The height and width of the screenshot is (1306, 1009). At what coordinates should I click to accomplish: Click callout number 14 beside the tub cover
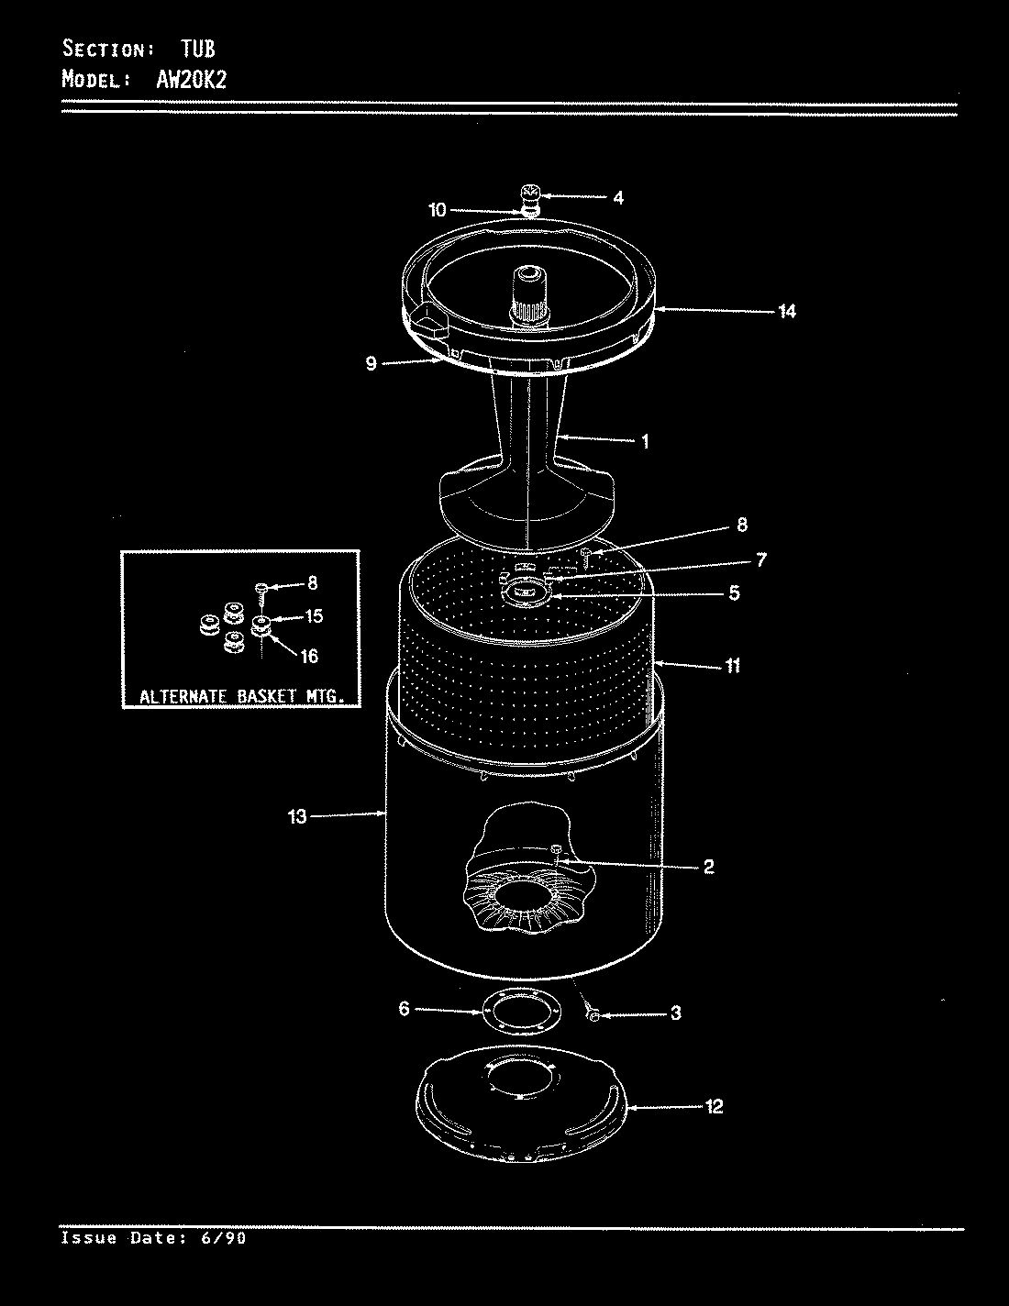pos(786,311)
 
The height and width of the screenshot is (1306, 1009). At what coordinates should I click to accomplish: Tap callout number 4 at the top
pos(618,197)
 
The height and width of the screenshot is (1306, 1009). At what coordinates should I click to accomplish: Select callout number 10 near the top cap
pos(437,210)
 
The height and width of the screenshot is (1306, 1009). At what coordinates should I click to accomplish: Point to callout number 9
pos(371,363)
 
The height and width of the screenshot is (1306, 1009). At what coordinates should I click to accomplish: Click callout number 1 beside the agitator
pos(645,441)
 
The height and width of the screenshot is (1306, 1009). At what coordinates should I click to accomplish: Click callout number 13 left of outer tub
pos(297,814)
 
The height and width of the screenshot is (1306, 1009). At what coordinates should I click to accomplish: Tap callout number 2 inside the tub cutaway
pos(708,866)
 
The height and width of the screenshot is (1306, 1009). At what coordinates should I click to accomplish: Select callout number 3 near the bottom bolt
pos(675,1013)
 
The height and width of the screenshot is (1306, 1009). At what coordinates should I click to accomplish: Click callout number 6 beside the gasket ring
pos(404,1009)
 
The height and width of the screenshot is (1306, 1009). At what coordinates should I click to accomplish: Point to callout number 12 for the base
pos(715,1106)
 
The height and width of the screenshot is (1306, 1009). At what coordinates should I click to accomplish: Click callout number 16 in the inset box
pos(309,655)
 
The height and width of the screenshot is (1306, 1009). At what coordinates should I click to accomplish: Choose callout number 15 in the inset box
pos(314,616)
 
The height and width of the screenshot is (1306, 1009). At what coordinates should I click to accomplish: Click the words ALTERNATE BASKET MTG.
pos(241,696)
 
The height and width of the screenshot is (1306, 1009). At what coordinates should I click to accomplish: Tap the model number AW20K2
pos(186,79)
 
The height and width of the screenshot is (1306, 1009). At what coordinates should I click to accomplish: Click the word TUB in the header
pos(197,49)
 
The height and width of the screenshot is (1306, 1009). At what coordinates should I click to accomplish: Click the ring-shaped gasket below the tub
pos(521,1013)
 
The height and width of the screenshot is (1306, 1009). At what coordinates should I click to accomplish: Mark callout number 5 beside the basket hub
pos(734,593)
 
